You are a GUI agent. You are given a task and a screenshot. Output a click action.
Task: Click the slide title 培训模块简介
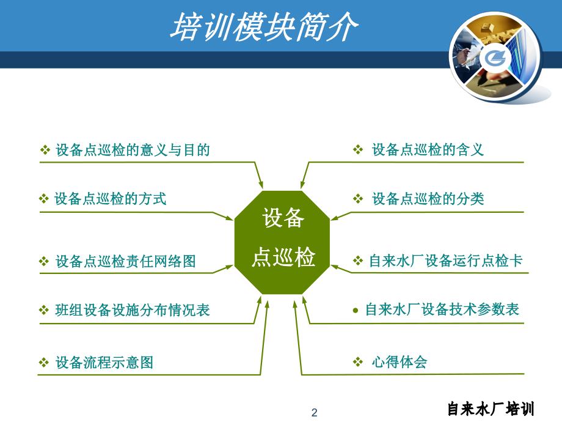point(264,28)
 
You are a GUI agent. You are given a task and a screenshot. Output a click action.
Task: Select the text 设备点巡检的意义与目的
point(133,150)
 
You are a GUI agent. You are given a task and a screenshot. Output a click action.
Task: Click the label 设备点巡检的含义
point(428,150)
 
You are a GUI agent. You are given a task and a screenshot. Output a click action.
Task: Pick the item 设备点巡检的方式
point(111,199)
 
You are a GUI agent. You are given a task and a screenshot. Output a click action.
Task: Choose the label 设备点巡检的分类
point(428,199)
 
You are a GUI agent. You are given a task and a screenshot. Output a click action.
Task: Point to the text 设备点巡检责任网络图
point(125,262)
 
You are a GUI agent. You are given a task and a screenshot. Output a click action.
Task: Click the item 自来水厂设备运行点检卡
point(446,261)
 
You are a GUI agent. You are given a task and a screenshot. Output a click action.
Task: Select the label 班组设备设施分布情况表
point(133,311)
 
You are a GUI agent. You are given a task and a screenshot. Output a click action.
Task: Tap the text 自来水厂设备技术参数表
point(442,310)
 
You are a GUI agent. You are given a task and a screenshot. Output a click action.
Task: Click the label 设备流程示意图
point(104,363)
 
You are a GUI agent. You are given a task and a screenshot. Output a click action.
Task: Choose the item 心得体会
point(399,362)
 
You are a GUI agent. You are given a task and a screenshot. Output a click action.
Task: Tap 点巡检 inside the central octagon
point(283,258)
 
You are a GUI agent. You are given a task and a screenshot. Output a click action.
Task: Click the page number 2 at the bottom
point(315,413)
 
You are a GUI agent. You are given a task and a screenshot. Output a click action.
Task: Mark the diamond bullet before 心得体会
point(358,362)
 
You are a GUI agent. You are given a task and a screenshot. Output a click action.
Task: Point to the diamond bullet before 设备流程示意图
point(44,363)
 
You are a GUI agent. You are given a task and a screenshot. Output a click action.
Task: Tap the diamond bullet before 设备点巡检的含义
point(358,150)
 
